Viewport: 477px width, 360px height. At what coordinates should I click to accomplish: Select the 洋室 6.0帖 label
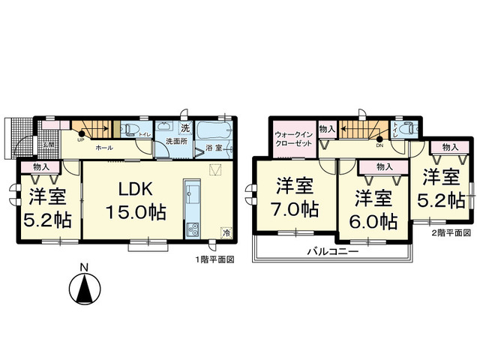(x=373, y=209)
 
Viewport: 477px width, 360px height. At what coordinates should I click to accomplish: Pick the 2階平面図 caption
(x=450, y=233)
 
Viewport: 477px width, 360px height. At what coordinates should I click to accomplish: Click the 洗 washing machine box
(x=184, y=127)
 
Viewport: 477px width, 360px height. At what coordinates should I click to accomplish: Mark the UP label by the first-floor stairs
(x=80, y=142)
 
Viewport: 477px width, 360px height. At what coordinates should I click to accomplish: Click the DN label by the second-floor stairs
(x=382, y=145)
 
